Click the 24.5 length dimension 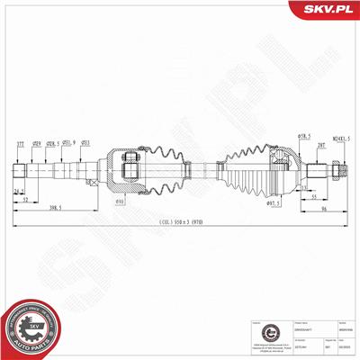pos(19,192)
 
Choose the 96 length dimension pos(321,210)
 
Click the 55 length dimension pos(313,195)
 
